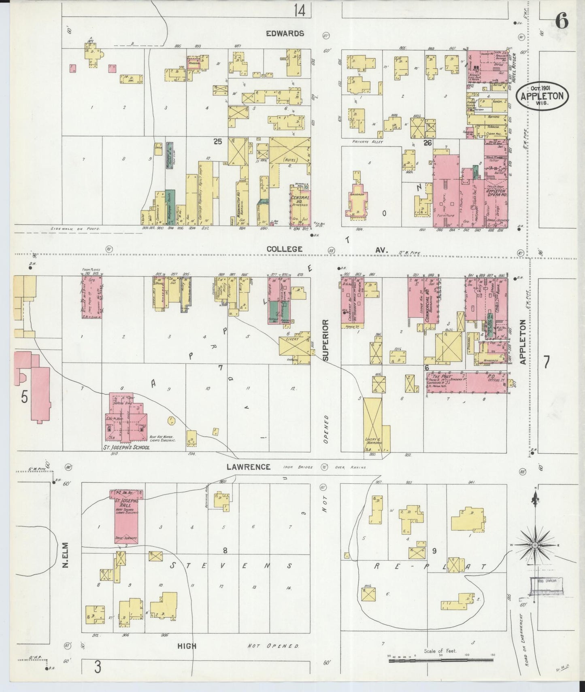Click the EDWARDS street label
pyautogui.click(x=285, y=34)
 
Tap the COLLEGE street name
pyautogui.click(x=284, y=249)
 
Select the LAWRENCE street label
pyautogui.click(x=248, y=467)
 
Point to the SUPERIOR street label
pyautogui.click(x=326, y=339)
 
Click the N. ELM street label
pyautogui.click(x=65, y=555)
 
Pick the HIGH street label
pyautogui.click(x=187, y=646)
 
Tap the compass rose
pyautogui.click(x=535, y=545)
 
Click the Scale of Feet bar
pyautogui.click(x=441, y=660)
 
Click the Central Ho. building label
pyautogui.click(x=300, y=200)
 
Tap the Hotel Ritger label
pyautogui.click(x=515, y=68)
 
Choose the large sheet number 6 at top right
pyautogui.click(x=561, y=21)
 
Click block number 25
pyautogui.click(x=218, y=142)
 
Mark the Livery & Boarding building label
pyautogui.click(x=374, y=440)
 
